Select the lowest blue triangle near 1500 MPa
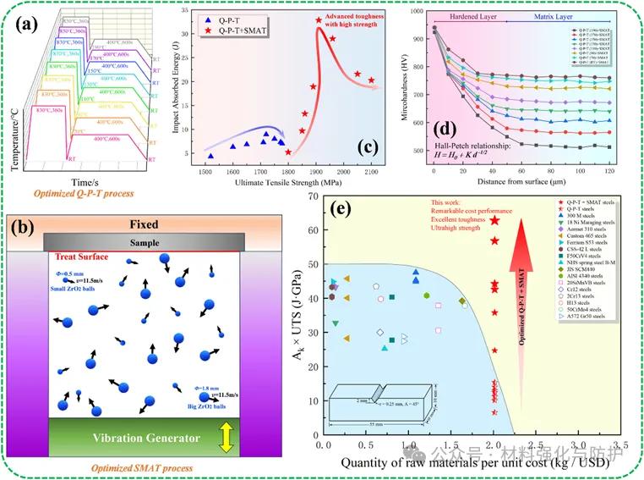211,156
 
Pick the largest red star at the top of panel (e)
495,220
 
